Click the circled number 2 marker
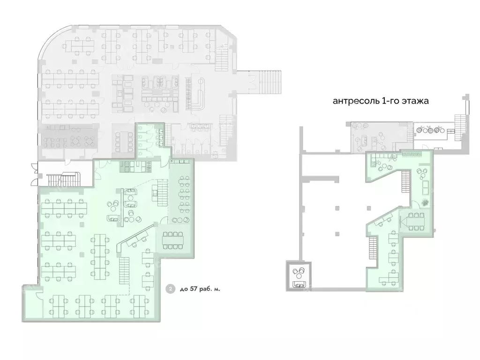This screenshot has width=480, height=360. coord(169,289)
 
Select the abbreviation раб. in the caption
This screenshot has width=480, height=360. coord(209,289)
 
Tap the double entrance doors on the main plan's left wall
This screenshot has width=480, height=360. coord(33,172)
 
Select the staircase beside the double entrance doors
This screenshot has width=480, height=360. coord(62,179)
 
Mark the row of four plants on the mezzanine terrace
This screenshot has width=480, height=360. coord(431,131)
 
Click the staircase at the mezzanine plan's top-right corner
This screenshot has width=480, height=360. coord(460,125)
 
